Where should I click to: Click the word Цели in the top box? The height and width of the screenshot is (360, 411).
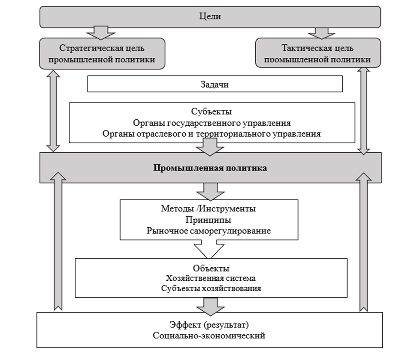[x=210, y=17]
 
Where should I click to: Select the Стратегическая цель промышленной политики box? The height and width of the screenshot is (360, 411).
[x=101, y=53]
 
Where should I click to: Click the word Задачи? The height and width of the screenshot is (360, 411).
[x=214, y=84]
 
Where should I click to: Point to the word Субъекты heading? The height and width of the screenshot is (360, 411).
[x=211, y=112]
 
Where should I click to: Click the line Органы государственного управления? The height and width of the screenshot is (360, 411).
[x=211, y=123]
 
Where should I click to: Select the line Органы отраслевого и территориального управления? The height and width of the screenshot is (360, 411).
[x=211, y=134]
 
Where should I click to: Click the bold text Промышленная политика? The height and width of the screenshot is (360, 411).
[x=210, y=168]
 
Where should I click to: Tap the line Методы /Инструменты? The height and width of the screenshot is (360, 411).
[x=208, y=209]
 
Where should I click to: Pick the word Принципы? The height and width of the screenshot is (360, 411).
[x=208, y=220]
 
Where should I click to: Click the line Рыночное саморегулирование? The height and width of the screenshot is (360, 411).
[x=208, y=231]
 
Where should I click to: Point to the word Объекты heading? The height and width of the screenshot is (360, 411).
[x=211, y=268]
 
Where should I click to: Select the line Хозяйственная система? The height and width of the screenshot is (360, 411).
[x=211, y=278]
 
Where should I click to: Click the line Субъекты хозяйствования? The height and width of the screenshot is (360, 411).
[x=211, y=289]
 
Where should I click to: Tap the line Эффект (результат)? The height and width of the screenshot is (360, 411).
[x=210, y=325]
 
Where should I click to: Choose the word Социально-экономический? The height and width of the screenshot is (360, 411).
[x=210, y=336]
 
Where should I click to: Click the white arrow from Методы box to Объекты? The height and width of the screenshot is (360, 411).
[x=208, y=249]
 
